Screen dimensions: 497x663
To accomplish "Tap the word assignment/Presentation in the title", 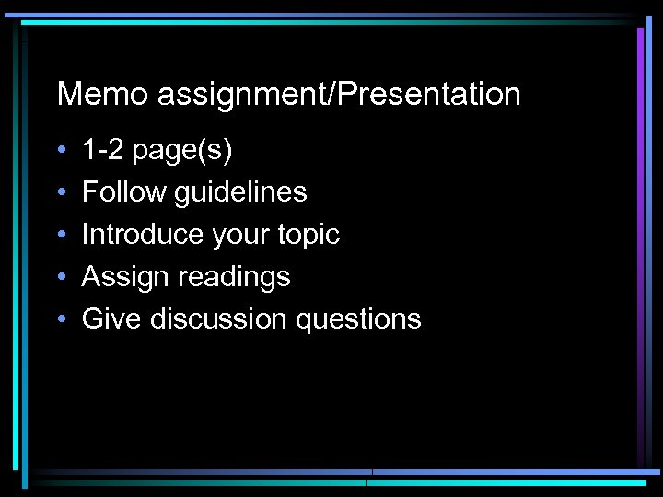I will click(x=339, y=95).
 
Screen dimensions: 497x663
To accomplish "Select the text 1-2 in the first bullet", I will click(x=103, y=150).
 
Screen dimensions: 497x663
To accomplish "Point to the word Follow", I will click(x=115, y=192).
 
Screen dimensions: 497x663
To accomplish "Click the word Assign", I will click(x=119, y=277).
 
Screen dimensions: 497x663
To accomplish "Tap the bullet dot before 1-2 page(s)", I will click(x=60, y=151).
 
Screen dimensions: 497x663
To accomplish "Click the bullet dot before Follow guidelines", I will click(x=60, y=193).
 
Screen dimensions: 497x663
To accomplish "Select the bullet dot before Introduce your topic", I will click(x=60, y=236).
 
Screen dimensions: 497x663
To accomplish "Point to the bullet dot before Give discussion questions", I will click(x=60, y=320).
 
